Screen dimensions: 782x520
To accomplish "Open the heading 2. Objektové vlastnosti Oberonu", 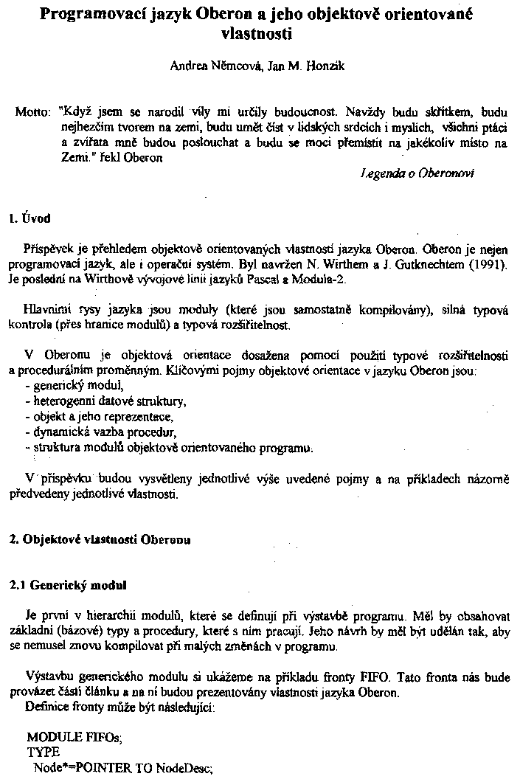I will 99,539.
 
